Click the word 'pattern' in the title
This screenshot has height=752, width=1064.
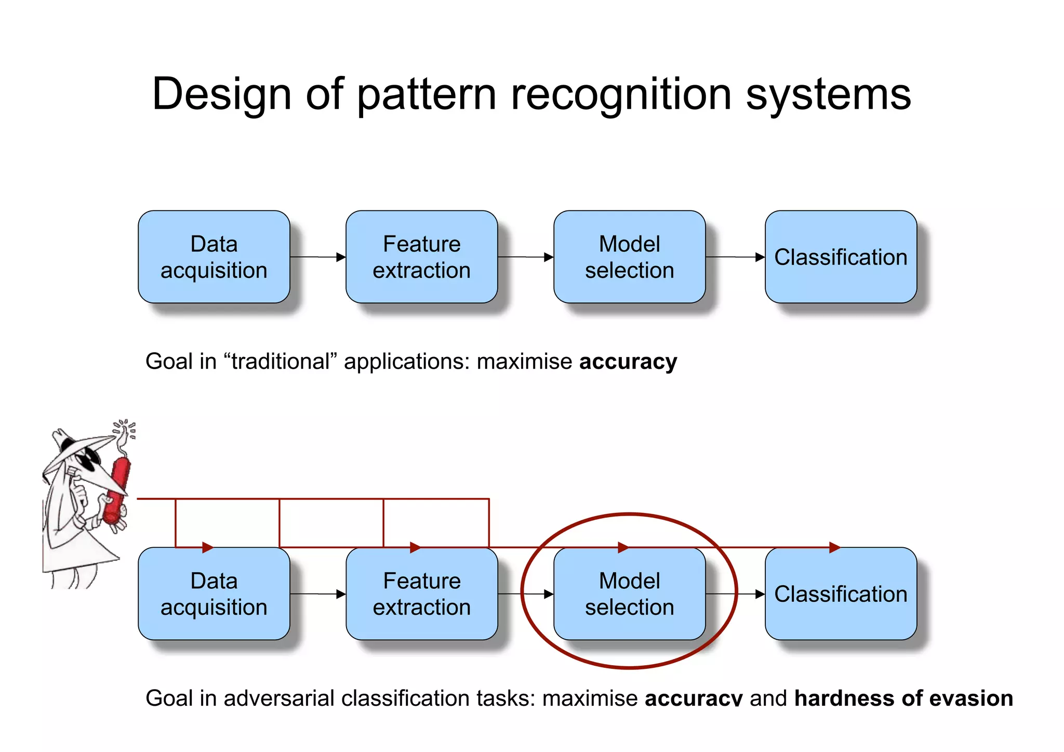pos(426,95)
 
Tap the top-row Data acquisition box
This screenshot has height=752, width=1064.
pos(214,257)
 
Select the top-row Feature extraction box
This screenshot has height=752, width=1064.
pos(421,257)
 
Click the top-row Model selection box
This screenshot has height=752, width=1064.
pos(629,257)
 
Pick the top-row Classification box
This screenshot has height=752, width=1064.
pos(840,257)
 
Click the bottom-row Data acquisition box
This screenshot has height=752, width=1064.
pos(214,593)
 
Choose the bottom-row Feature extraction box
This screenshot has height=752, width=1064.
pos(421,593)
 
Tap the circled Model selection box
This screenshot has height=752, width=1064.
pos(629,593)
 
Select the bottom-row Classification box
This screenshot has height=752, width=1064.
pos(840,593)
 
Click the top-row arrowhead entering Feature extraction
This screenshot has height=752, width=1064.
pos(341,257)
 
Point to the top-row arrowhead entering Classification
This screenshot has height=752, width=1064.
pos(760,257)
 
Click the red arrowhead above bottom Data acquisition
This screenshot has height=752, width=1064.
pos(208,547)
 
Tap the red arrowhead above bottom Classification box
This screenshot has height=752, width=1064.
pos(834,547)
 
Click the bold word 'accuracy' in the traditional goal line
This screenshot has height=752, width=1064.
pos(628,361)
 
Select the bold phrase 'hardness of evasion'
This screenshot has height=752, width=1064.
pos(903,698)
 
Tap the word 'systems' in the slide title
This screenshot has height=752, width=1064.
pos(828,95)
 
